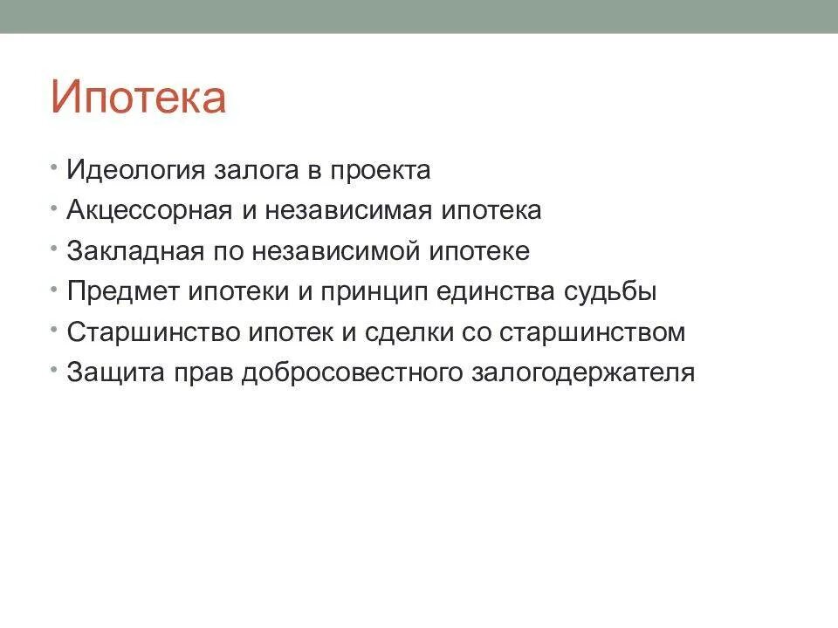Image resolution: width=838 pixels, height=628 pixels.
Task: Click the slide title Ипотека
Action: coord(138,97)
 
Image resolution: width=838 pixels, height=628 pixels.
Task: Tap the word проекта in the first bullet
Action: coord(380,171)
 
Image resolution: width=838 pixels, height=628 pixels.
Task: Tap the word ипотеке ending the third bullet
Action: coord(479,252)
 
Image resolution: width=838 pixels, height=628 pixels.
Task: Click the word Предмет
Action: coord(123,292)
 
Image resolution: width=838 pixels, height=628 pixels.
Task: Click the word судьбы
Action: coord(610,292)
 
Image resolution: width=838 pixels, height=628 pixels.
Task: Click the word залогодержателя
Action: coord(584,373)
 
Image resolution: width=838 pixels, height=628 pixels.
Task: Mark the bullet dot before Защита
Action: coord(55,369)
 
